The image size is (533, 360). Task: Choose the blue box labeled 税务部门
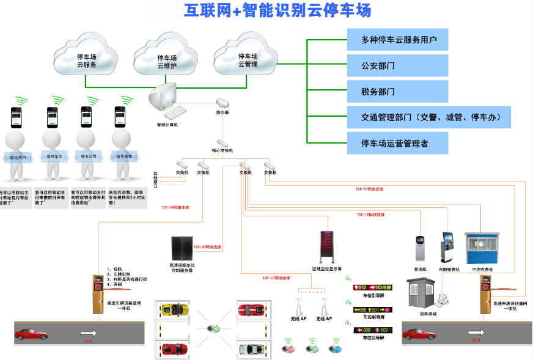397,92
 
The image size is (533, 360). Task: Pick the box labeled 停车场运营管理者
397,144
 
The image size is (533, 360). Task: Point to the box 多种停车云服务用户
397,40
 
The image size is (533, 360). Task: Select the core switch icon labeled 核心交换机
222,142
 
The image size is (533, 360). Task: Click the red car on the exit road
419,334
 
